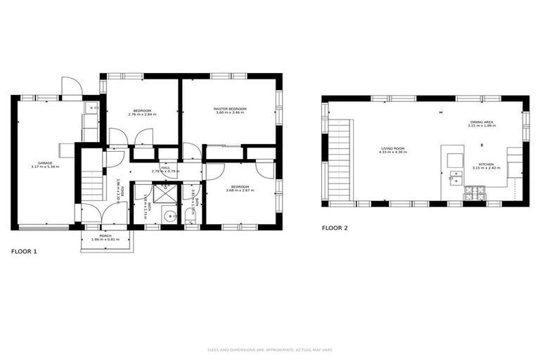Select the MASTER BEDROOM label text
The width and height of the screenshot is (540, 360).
click(x=230, y=108)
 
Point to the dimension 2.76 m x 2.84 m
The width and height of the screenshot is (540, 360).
click(x=143, y=114)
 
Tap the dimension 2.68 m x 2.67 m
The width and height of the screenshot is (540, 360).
click(x=239, y=191)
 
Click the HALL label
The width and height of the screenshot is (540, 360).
click(x=166, y=167)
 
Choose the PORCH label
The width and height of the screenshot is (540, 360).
click(x=105, y=236)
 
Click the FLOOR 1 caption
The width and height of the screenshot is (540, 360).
click(x=24, y=251)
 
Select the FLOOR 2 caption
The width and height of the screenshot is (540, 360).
click(x=335, y=228)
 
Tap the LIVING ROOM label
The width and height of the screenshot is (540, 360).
click(x=393, y=148)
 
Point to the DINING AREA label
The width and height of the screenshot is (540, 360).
click(x=482, y=122)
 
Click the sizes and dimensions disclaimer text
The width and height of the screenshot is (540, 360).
click(x=269, y=349)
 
